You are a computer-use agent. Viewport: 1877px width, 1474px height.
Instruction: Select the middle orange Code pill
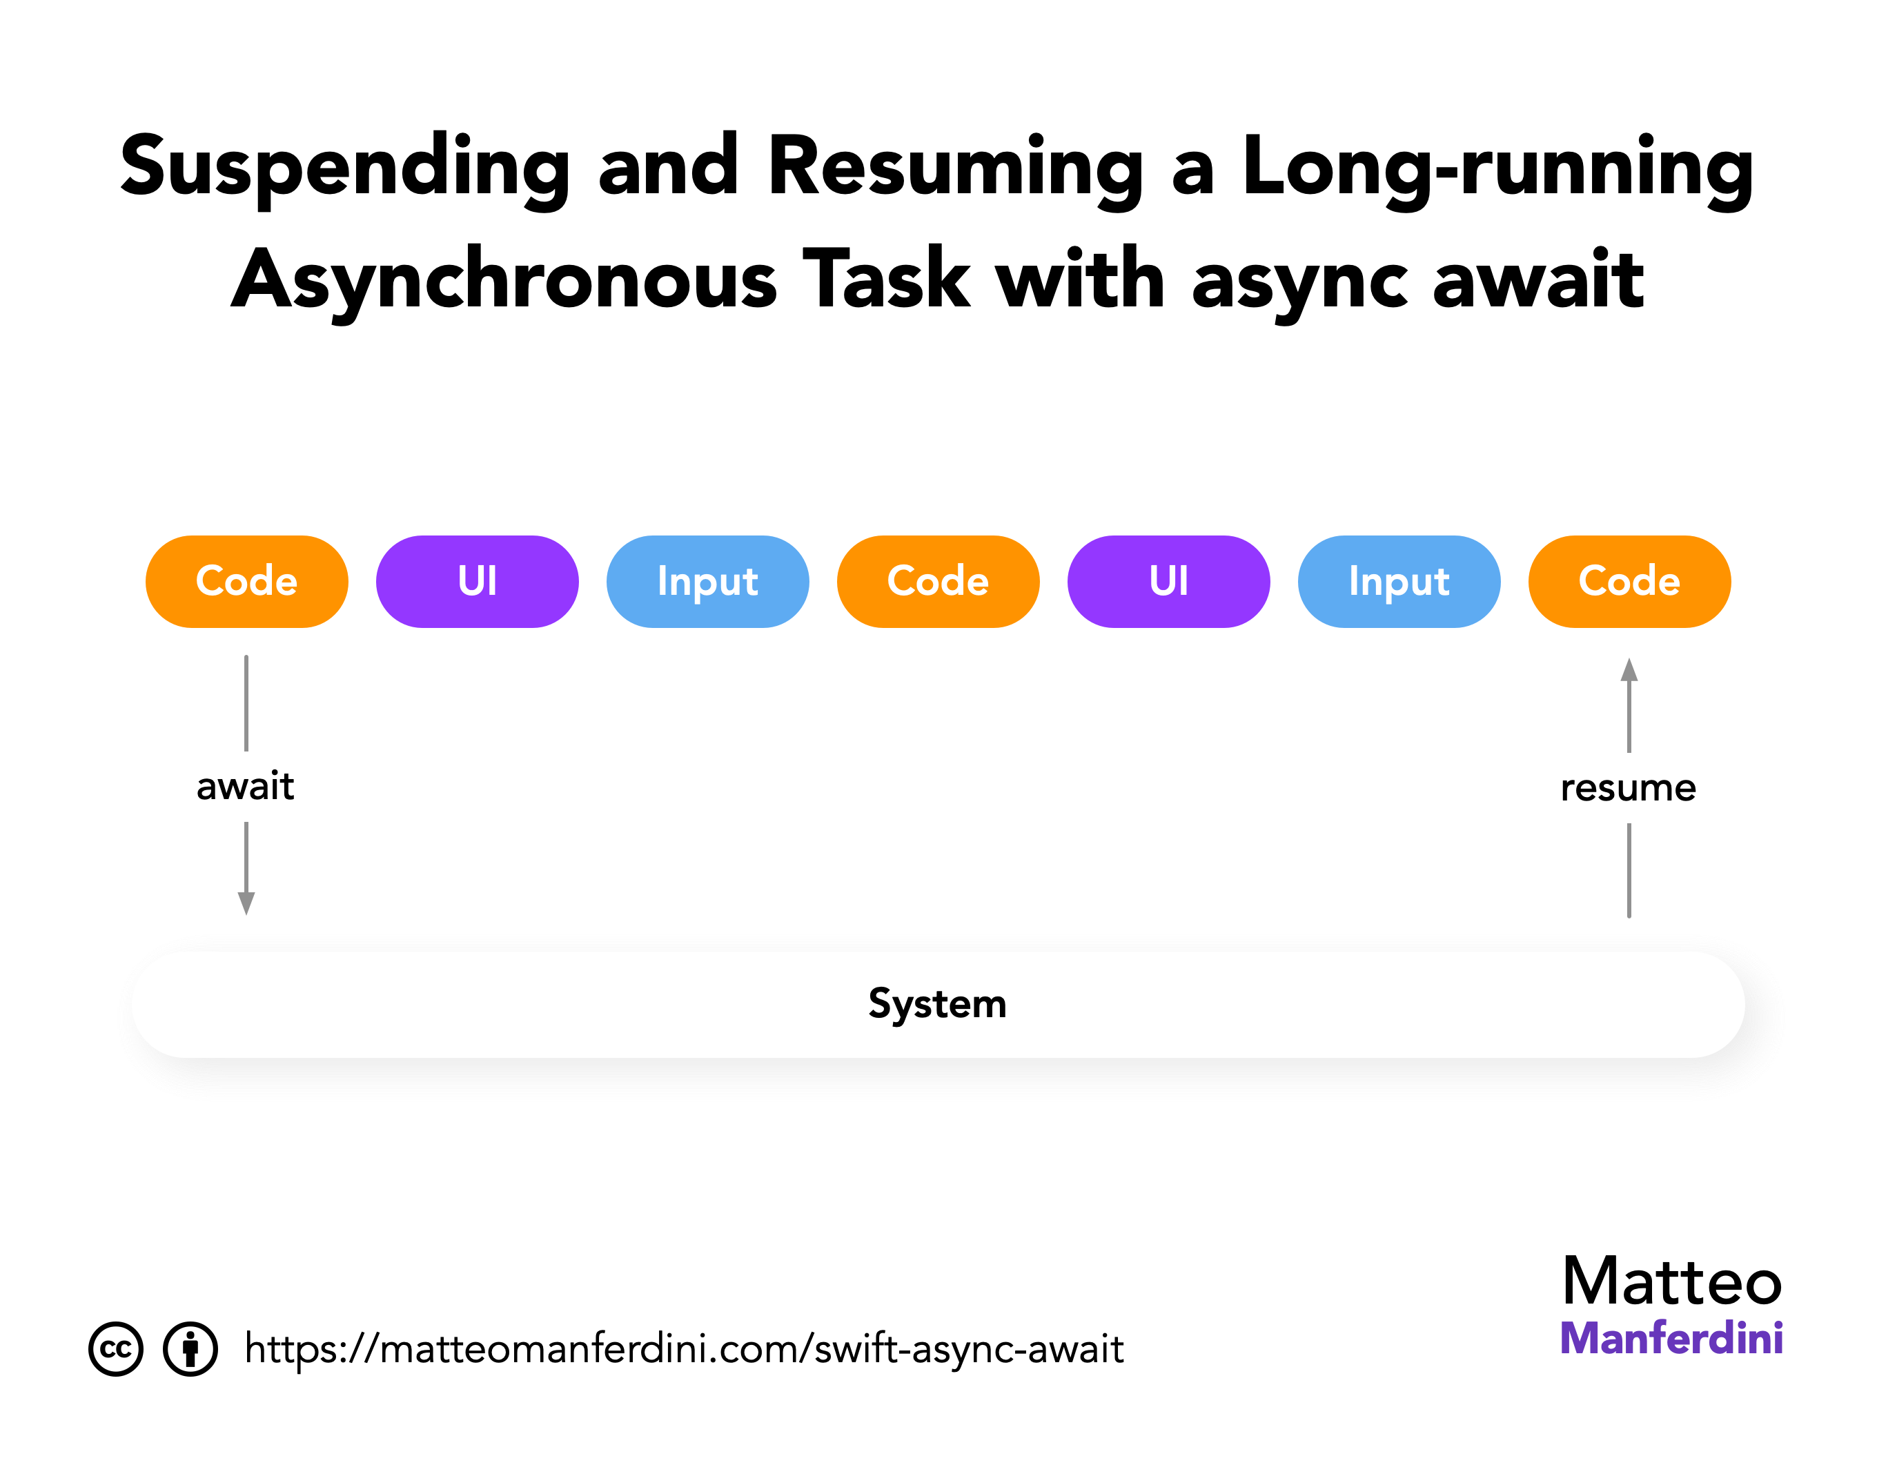[937, 581]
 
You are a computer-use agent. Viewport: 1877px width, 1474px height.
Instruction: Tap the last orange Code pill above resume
[1629, 581]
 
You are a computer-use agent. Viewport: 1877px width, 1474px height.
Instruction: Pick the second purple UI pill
[1168, 581]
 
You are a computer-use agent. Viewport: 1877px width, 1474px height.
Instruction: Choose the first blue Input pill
[707, 581]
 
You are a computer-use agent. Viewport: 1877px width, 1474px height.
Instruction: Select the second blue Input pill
[1398, 581]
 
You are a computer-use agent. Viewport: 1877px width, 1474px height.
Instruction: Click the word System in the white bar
[937, 1003]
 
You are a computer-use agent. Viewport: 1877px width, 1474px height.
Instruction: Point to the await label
[246, 786]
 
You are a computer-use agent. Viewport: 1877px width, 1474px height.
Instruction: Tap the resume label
[1628, 788]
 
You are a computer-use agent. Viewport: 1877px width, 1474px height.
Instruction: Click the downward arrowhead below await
[246, 903]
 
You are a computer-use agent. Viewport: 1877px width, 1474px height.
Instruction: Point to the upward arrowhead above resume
[1629, 669]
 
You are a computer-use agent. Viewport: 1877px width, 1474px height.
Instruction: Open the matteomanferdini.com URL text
[683, 1348]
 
